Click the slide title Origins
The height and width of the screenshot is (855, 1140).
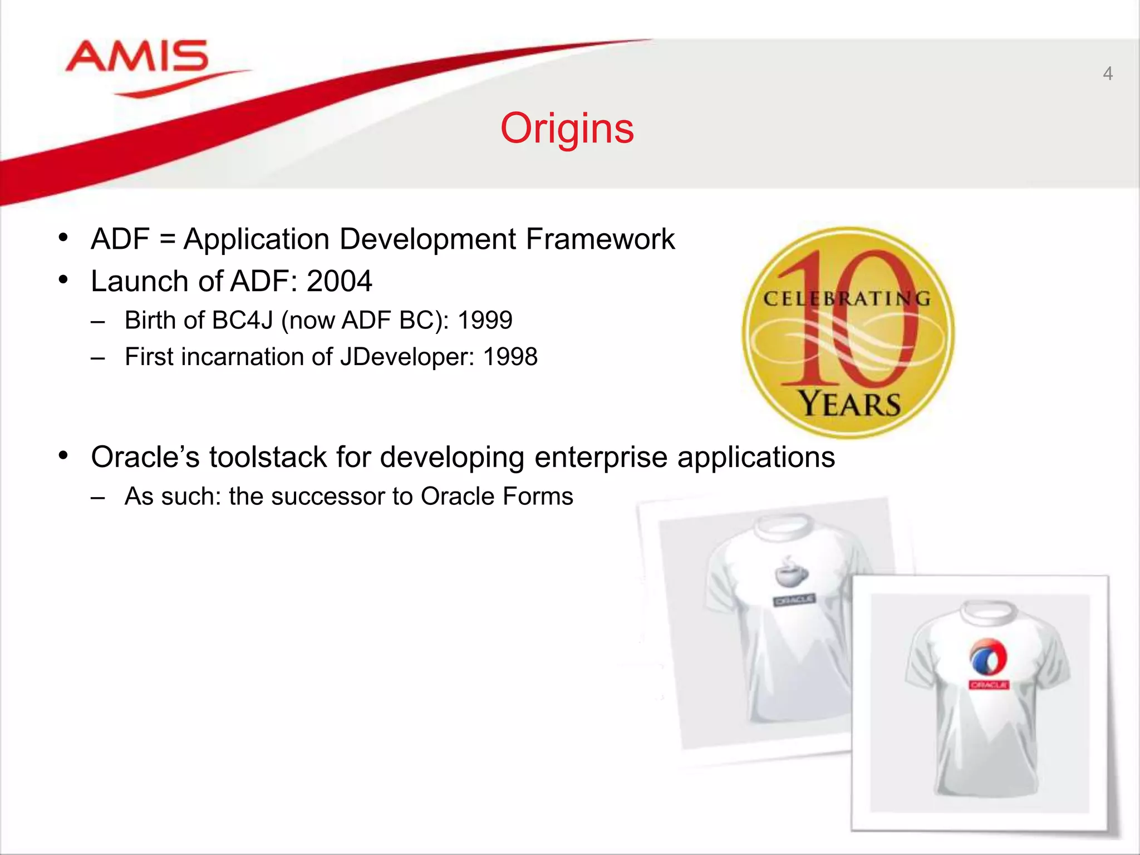point(567,129)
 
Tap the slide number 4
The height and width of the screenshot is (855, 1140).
point(1108,73)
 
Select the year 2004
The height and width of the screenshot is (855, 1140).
point(339,281)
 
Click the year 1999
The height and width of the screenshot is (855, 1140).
point(485,320)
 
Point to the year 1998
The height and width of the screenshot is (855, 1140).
point(510,357)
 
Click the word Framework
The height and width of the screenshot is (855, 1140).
point(600,239)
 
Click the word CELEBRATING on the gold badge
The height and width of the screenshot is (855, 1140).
point(847,299)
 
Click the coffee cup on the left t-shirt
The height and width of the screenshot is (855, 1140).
point(790,573)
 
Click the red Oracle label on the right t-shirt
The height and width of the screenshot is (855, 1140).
point(989,684)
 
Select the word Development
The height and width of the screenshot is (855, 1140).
point(427,239)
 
